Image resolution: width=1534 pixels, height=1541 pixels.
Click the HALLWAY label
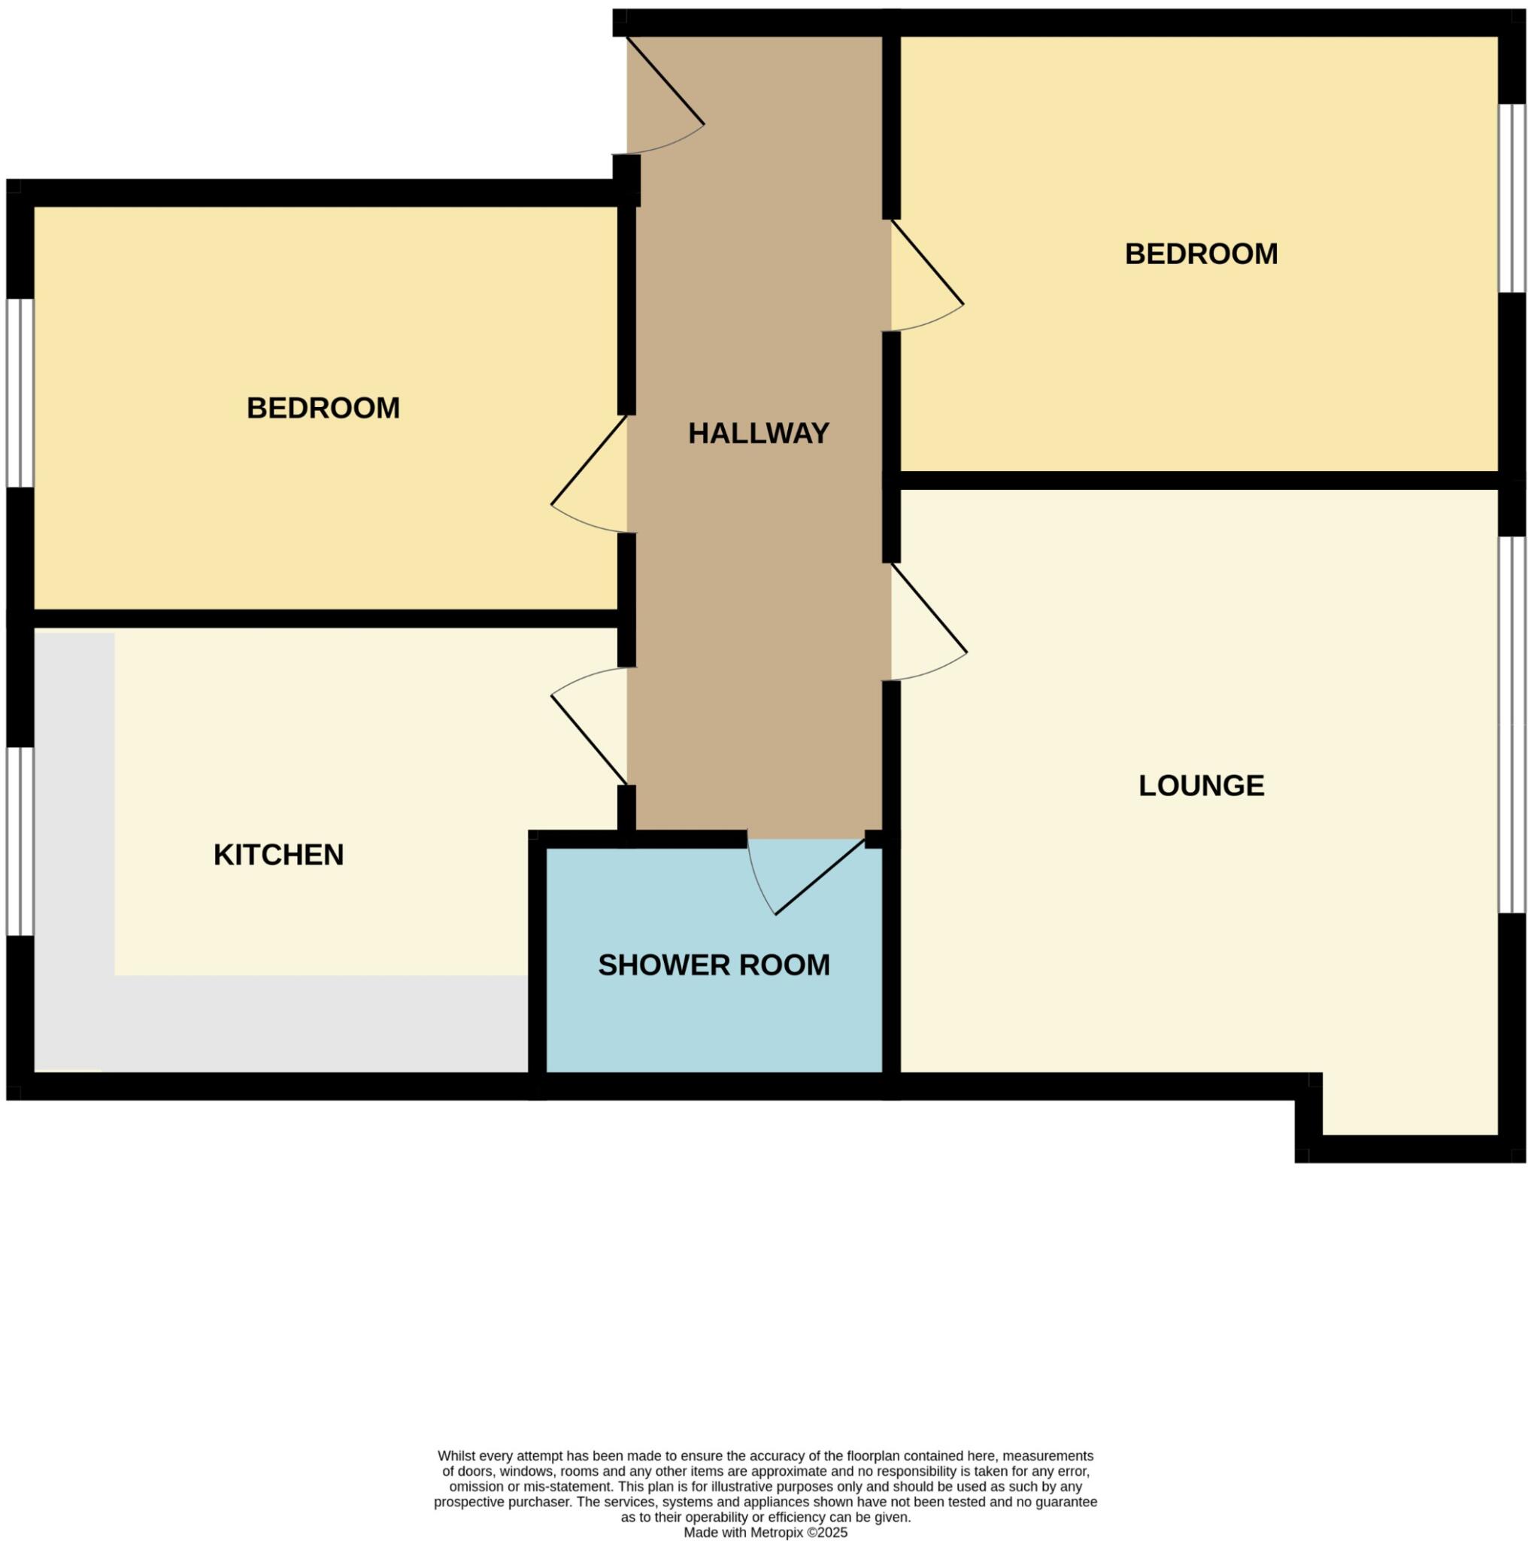758,433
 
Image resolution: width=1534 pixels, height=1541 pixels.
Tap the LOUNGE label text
1201,786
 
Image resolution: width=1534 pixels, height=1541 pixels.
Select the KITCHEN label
278,855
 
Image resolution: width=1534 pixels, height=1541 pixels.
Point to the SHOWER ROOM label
714,965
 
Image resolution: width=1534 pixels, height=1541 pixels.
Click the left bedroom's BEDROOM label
323,409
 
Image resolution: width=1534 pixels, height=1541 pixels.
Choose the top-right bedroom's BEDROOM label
1201,254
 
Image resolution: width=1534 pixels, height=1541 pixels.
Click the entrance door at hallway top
663,100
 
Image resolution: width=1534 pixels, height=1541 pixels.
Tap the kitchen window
20,840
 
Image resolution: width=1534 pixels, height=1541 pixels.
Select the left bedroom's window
20,393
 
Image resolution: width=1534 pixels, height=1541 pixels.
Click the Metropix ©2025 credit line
765,1532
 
